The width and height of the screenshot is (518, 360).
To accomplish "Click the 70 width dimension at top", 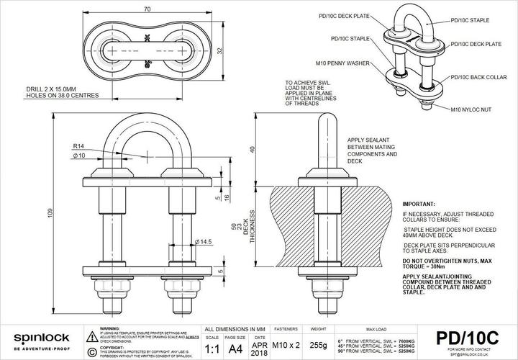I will (x=146, y=9).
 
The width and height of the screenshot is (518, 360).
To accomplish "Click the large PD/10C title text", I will (x=467, y=337).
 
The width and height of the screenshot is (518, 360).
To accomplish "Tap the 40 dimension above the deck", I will (x=252, y=149).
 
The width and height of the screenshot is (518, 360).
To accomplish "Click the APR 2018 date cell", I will (x=259, y=346).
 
